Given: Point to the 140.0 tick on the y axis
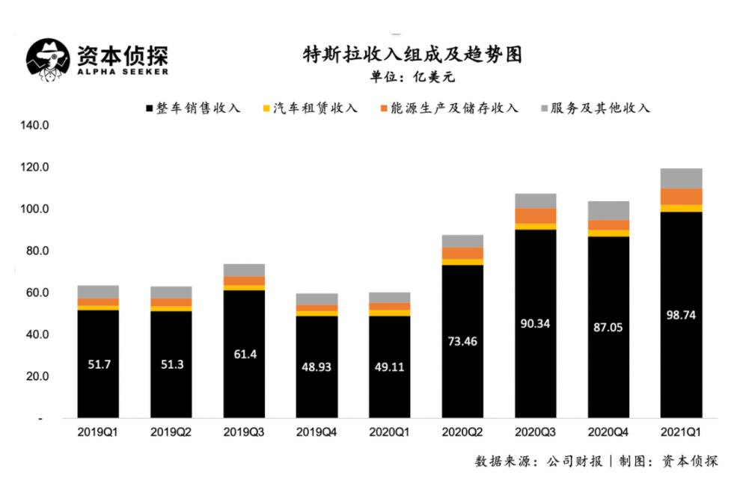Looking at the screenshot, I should point(35,126).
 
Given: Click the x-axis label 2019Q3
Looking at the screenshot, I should point(243,432).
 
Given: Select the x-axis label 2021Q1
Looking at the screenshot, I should point(680,432).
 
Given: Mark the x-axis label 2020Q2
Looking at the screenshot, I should point(462,432).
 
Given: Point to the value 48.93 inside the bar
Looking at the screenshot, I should point(317,367).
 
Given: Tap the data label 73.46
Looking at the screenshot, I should point(462,341).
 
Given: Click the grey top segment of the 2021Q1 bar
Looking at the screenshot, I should point(681,179).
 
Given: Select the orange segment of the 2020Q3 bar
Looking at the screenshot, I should point(535,216).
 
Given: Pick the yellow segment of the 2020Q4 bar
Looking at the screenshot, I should point(608,233).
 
